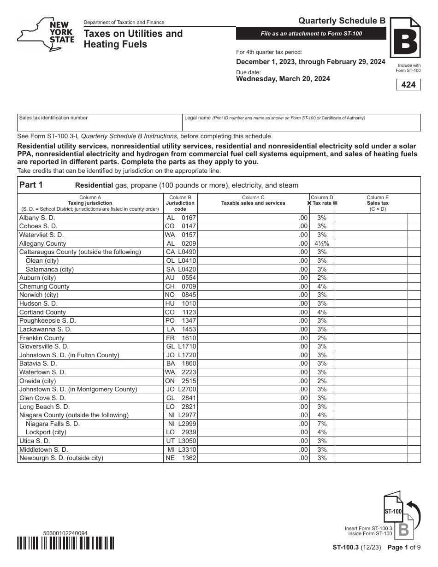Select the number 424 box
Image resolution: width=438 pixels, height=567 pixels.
coord(408,85)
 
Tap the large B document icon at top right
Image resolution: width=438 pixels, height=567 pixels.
coord(405,38)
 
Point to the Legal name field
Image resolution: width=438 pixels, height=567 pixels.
coord(302,123)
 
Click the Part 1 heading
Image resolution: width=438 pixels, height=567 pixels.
coord(31,185)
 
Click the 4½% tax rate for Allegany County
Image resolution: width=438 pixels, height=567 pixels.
coord(322,243)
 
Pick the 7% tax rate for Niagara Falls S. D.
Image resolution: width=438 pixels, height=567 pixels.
coord(322,424)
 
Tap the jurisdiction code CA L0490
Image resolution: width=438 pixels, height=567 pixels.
coord(181,252)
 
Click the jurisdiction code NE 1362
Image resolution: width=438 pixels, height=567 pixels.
coord(181,458)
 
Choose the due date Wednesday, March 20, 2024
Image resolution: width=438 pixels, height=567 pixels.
coord(283,79)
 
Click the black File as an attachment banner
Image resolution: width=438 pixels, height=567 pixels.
coord(311,34)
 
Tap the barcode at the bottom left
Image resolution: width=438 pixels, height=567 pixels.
coord(65,544)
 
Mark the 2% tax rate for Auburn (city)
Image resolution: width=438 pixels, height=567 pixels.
coord(322,278)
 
